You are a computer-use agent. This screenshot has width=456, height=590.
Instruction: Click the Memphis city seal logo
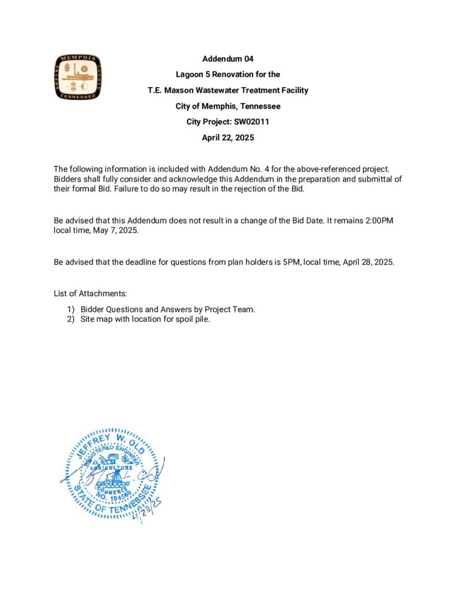click(78, 77)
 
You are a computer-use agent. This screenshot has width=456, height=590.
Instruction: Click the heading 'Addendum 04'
click(228, 59)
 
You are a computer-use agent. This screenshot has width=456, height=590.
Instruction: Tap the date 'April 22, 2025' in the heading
click(228, 138)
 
